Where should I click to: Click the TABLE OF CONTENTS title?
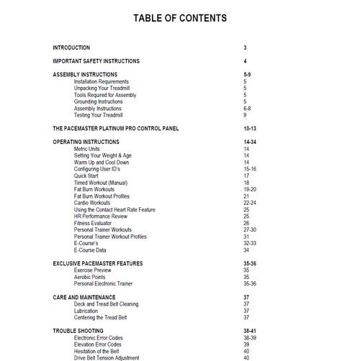point(180,17)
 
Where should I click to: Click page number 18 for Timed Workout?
point(246,183)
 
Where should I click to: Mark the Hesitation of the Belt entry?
point(101,351)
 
